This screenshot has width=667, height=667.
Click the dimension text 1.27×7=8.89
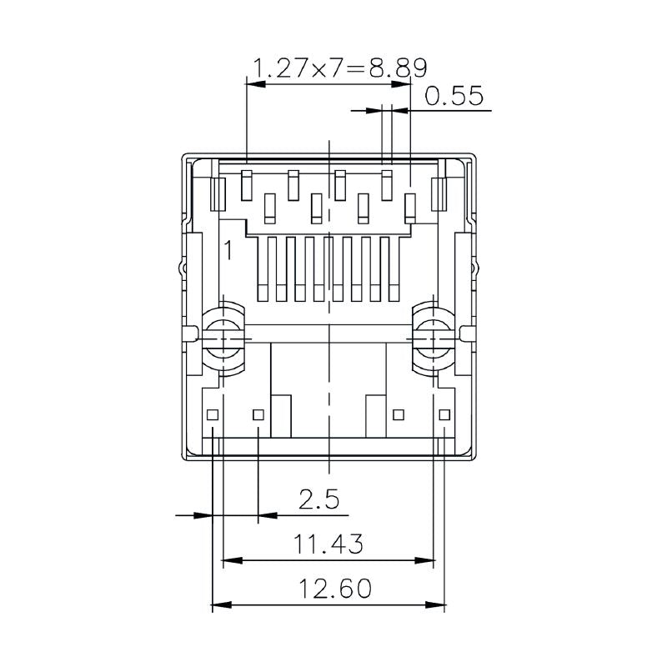coord(339,68)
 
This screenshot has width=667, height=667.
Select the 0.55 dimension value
coord(454,97)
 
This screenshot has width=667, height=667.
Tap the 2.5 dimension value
coord(319,500)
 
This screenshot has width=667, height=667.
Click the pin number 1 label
coord(227,248)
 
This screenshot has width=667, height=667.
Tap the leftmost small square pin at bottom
coord(213,414)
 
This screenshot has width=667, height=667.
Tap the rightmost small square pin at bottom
coord(444,414)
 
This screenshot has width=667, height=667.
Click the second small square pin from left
coord(258,414)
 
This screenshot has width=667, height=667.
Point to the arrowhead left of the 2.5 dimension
coord(199,515)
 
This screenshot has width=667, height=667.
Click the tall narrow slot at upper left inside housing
coord(218,193)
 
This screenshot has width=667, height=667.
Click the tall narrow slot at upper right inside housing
coord(439,193)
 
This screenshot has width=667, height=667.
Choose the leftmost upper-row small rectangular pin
coord(246,185)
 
